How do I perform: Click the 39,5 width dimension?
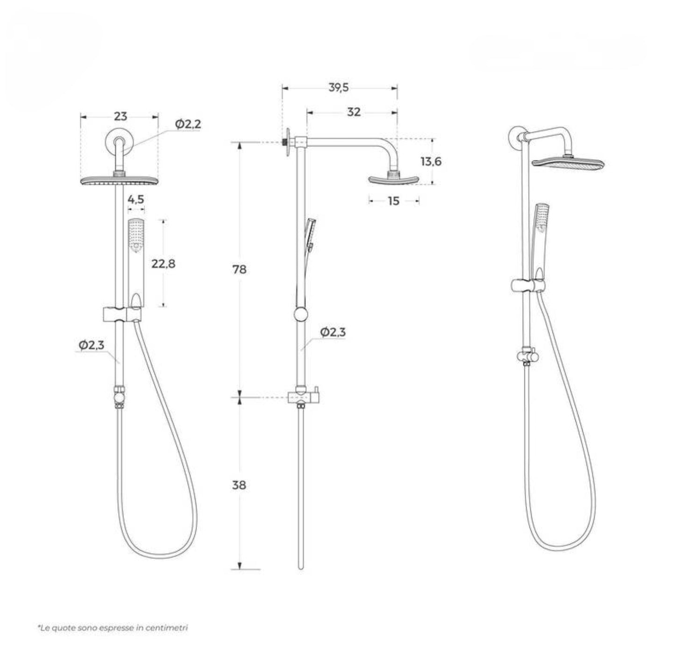pos(339,87)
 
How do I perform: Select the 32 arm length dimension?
pos(354,112)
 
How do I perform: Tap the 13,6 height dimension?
pos(431,162)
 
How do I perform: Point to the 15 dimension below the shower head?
pos(394,201)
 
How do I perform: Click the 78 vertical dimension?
pos(239,270)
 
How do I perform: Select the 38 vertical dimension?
pos(239,485)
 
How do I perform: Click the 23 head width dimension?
pos(120,116)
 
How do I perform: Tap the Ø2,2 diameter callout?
pos(188,124)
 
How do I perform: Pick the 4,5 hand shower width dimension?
pos(136,200)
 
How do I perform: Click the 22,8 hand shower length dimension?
pos(163,264)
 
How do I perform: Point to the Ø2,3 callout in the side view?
pos(333,332)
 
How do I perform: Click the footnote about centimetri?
pos(113,628)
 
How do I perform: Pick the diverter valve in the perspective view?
pos(527,356)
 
